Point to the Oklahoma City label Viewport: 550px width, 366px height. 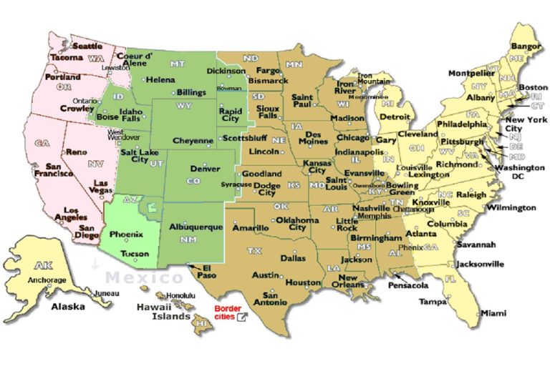click(296, 224)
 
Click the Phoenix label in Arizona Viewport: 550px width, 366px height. click(127, 234)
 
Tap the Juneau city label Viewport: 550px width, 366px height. click(106, 293)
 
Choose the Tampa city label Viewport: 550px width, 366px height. click(433, 301)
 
